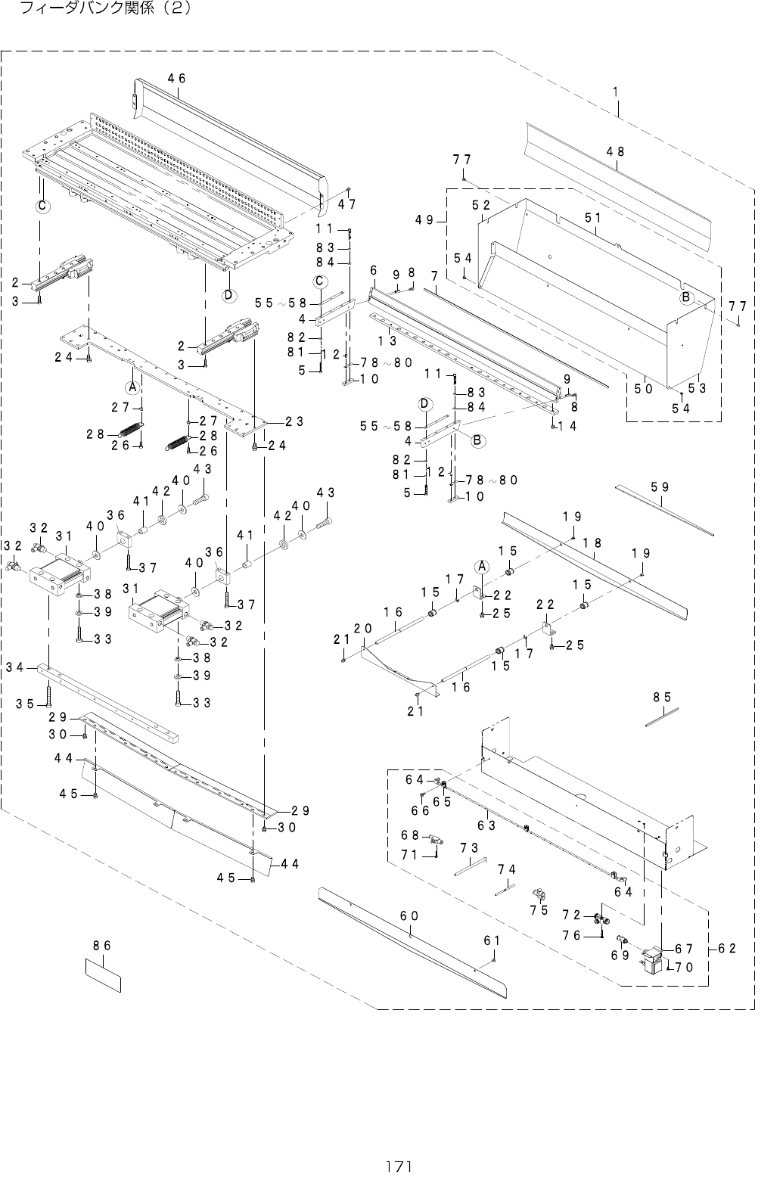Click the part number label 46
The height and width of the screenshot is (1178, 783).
point(177,78)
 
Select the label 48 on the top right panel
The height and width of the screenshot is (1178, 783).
point(615,151)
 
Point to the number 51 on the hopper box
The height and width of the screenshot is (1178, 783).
point(592,217)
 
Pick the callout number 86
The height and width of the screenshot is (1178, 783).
point(102,945)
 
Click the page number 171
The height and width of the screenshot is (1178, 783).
point(391,1166)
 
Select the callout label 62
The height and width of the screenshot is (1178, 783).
point(728,948)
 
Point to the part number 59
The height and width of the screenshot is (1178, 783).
point(660,488)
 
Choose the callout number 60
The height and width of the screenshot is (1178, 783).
point(409,916)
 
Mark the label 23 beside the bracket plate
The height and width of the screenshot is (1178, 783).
point(294,421)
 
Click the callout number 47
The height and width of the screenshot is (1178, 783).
point(347,204)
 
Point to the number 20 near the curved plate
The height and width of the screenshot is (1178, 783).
point(363,628)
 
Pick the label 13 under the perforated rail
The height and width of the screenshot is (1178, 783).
point(387,340)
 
